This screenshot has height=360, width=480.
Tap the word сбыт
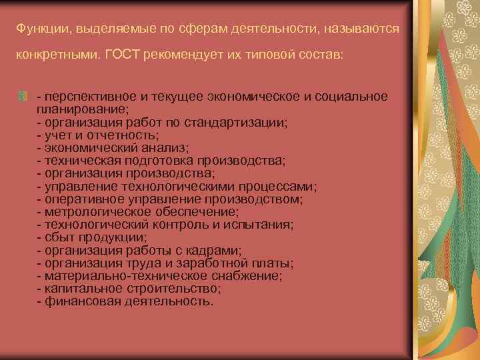pos(57,237)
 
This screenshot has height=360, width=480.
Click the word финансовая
pos(75,301)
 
